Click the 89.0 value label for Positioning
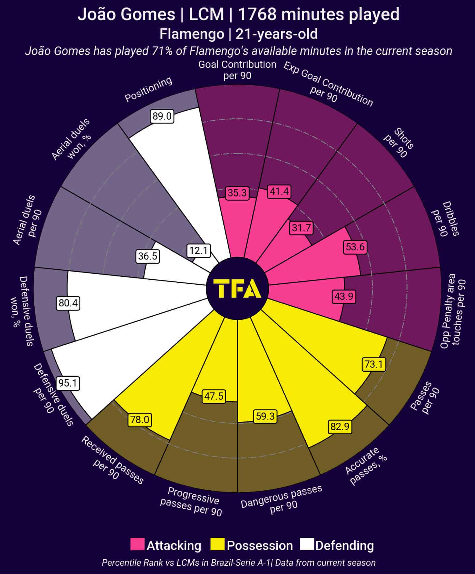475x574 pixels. tap(162, 116)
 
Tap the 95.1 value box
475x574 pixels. tap(68, 383)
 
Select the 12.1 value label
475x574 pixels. tap(198, 251)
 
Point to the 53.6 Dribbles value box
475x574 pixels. tap(355, 247)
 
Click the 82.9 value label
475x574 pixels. tap(340, 427)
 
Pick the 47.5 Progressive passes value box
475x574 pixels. tap(214, 396)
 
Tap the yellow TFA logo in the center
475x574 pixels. tap(238, 289)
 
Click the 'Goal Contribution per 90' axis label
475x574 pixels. tap(237, 70)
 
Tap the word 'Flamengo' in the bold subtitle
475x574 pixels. tap(192, 34)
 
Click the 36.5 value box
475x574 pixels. tap(148, 256)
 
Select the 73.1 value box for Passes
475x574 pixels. tap(374, 364)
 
